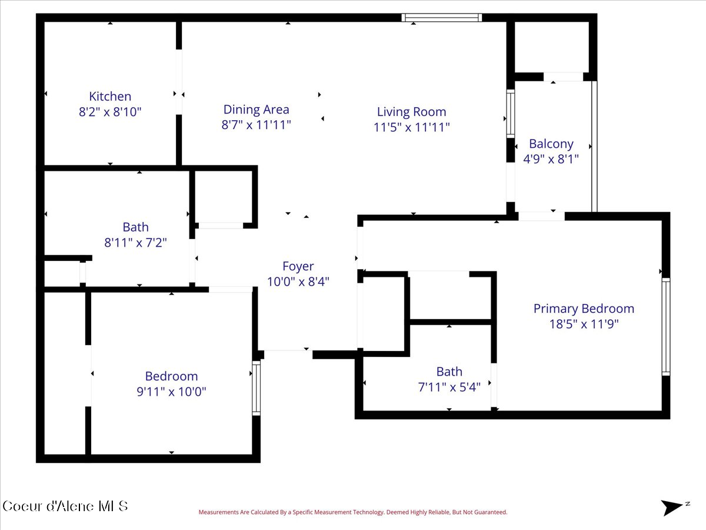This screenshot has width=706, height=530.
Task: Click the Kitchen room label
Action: pos(110,96)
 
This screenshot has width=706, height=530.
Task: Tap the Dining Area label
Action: pos(256,110)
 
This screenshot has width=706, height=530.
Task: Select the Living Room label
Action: pos(411,112)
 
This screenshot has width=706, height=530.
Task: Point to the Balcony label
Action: pos(551,144)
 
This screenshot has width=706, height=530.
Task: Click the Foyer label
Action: pos(298,266)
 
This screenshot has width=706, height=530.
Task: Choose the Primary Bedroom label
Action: pos(584,309)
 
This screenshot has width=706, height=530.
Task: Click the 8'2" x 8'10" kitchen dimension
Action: pos(110,112)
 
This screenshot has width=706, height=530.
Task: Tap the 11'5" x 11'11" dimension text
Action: pos(411,127)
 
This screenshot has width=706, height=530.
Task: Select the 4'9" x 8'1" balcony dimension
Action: pos(551,159)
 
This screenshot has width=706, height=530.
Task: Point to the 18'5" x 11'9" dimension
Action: pos(584,324)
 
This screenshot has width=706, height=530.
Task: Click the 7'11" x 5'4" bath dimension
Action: pos(449,387)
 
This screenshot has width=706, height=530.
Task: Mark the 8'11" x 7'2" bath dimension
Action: pos(135,242)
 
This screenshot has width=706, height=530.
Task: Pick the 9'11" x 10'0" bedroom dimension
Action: pos(171,391)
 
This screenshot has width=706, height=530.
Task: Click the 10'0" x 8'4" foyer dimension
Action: pos(298,281)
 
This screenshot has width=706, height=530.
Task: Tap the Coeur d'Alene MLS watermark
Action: pos(65,506)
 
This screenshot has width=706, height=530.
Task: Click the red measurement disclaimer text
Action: pos(353,512)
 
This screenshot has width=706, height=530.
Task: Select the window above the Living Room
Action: pos(442,18)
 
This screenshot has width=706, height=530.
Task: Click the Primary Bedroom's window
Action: pos(666,327)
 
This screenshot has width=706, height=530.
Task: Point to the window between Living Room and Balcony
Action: pos(511,114)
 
